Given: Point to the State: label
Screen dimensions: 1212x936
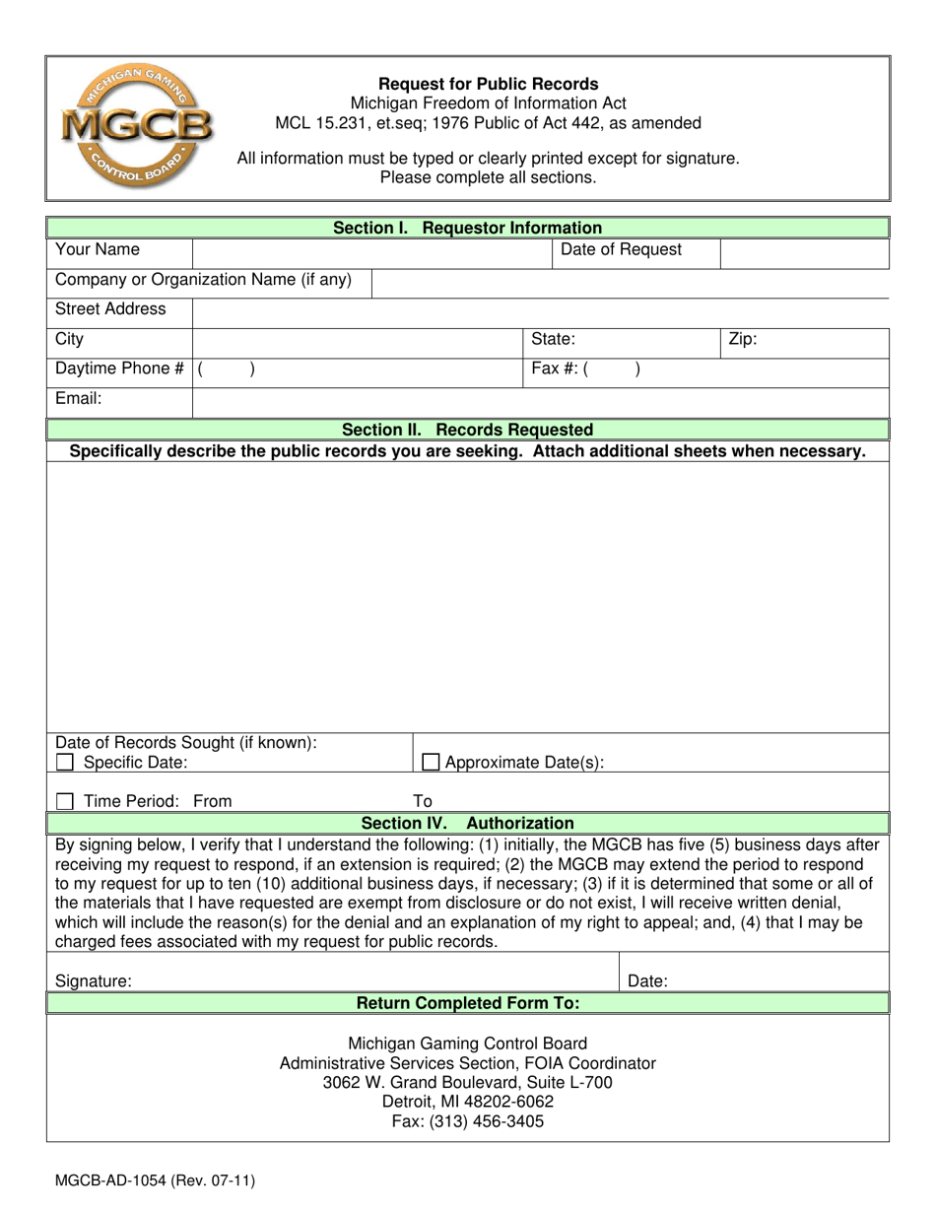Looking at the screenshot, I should pyautogui.click(x=554, y=340).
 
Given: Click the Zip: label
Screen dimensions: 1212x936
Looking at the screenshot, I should pyautogui.click(x=742, y=340).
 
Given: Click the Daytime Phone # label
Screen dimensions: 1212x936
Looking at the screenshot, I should pyautogui.click(x=119, y=369).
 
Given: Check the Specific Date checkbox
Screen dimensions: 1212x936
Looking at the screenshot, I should pyautogui.click(x=65, y=762).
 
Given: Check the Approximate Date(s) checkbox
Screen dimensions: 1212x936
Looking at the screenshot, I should pyautogui.click(x=430, y=762).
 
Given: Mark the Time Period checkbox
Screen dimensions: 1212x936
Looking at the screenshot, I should pyautogui.click(x=65, y=801).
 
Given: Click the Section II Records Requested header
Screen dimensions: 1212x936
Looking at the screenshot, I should pyautogui.click(x=467, y=430).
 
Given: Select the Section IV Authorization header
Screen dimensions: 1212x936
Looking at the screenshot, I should pyautogui.click(x=467, y=823).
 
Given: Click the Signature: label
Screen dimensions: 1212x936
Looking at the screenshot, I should pyautogui.click(x=94, y=981).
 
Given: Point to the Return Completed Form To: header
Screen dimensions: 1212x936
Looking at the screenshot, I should pyautogui.click(x=467, y=1003).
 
